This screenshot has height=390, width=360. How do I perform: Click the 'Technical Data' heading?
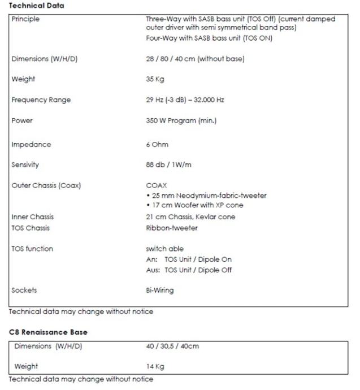pos(37,6)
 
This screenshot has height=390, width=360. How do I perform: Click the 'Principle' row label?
pos(25,19)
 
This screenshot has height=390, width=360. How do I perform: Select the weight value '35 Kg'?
pos(155,79)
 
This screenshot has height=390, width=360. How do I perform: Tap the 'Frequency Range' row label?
pos(41,100)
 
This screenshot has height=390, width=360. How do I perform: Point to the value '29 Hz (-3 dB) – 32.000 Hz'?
pos(185,100)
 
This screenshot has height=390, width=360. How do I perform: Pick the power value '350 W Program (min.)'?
pos(181,120)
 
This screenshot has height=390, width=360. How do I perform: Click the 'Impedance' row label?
pos(31,145)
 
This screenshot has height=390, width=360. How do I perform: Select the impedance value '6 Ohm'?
pos(157,145)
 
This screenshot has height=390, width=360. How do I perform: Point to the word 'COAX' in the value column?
pos(156,185)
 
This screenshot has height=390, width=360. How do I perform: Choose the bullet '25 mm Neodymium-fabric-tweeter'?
pos(208,196)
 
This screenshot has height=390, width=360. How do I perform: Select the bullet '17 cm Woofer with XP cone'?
pos(197,206)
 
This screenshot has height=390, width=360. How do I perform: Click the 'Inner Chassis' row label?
pos(33,217)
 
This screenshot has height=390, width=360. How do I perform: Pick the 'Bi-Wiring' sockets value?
pos(160,291)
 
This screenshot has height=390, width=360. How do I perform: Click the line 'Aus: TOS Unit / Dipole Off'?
pos(189,270)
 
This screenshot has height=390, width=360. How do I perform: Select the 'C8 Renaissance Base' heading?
pos(48,332)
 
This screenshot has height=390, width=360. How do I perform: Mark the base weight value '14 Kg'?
pos(155,366)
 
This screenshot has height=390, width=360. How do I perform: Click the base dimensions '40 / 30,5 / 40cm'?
pos(172,346)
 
